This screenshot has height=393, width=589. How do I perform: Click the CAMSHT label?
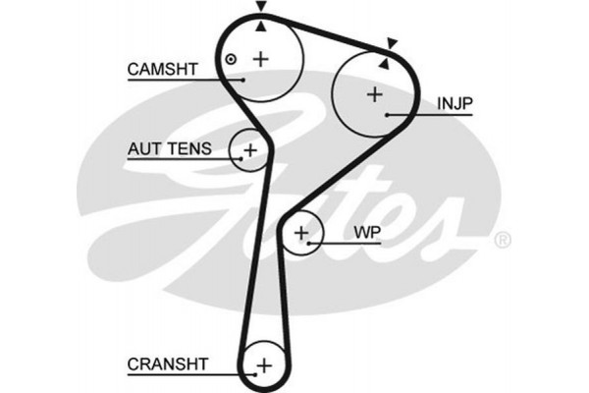pos(163,69)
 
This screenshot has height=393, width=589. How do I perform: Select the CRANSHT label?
pos(168,364)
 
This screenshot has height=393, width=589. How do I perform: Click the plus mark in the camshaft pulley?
pos(260,59)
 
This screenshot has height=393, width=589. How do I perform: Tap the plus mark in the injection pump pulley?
pos(374,95)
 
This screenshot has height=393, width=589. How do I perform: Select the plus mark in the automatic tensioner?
pos(250,150)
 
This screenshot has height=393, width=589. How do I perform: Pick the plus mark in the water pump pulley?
pos(302,234)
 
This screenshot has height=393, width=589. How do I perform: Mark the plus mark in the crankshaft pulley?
pos(263,365)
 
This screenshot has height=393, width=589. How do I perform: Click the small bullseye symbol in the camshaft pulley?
pos(231,59)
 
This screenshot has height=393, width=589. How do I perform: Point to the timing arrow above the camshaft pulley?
pos(260,8)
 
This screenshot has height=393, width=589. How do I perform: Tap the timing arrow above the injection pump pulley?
pos(392,42)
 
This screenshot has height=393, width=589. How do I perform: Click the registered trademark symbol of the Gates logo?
pos(501,239)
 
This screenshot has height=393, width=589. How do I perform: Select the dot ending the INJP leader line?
pos(389,115)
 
